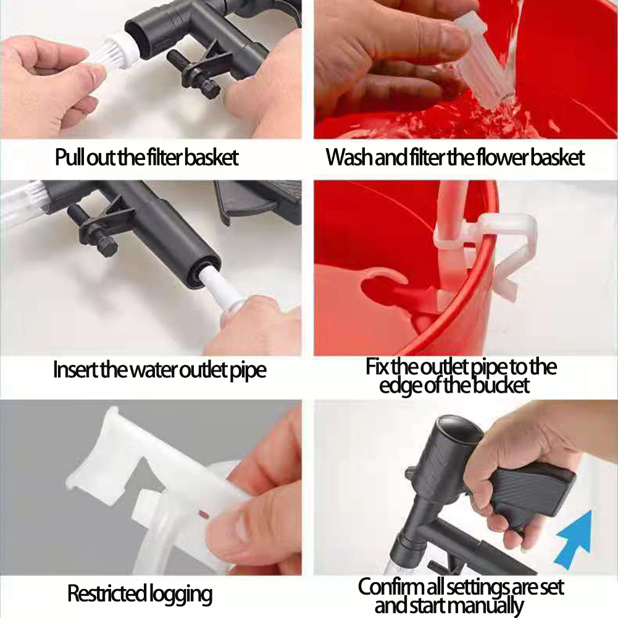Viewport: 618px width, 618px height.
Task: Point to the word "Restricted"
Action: (106, 593)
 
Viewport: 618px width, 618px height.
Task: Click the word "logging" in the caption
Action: (180, 595)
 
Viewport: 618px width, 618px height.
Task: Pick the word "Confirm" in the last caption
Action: (388, 587)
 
